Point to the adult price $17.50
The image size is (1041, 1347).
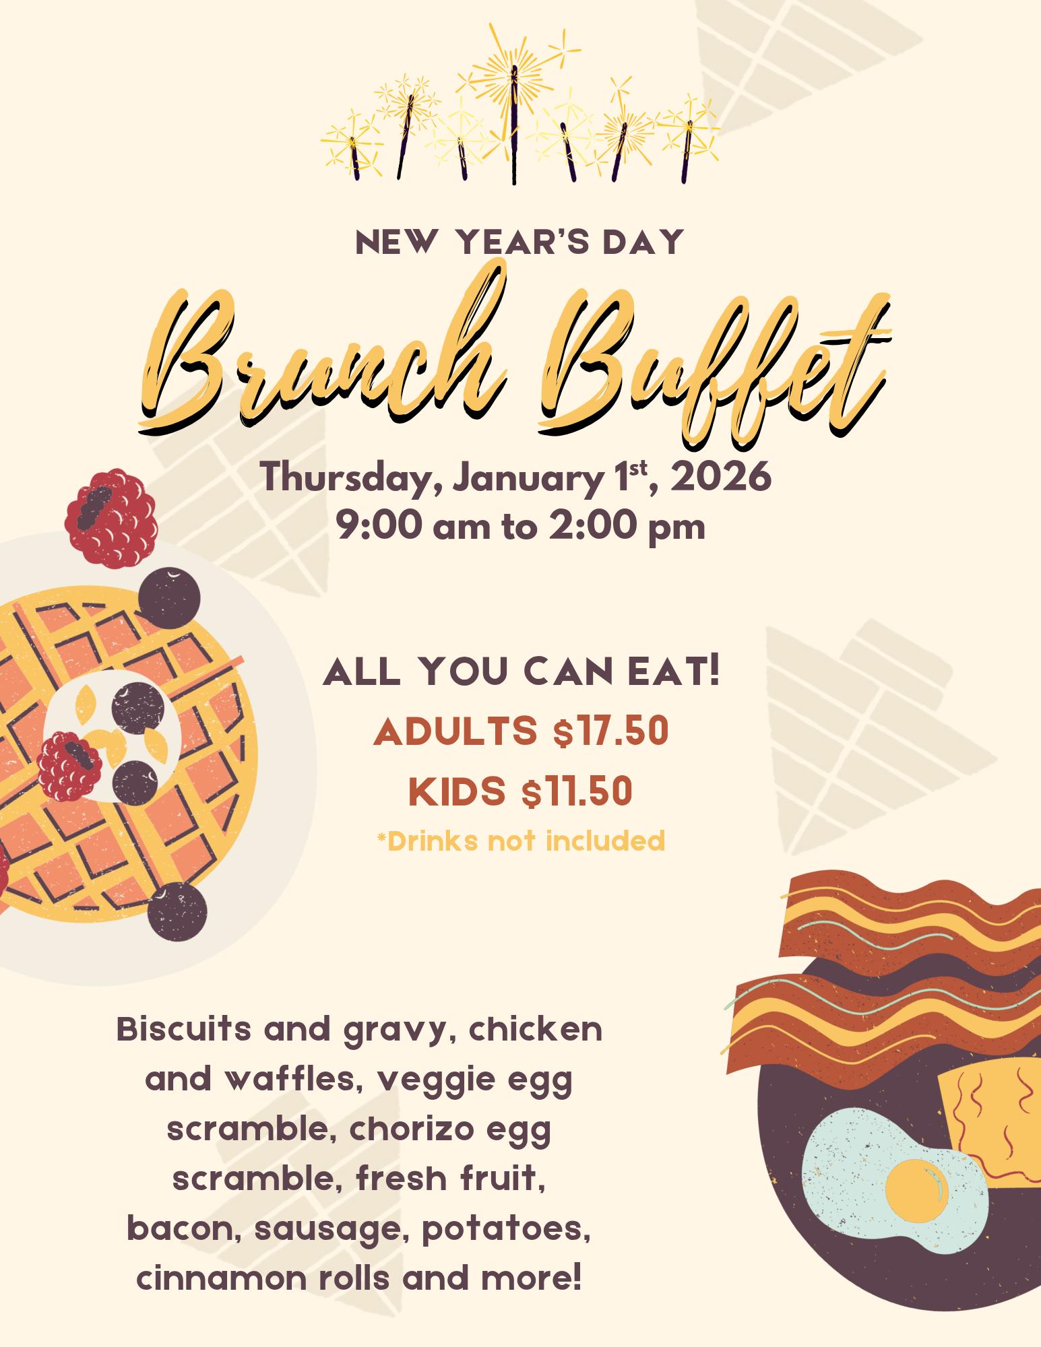point(610,733)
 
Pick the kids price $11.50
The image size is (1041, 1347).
point(577,791)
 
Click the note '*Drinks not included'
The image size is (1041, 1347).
point(521,841)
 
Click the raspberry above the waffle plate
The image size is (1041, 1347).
point(111,518)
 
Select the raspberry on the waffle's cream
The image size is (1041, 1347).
point(70,766)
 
